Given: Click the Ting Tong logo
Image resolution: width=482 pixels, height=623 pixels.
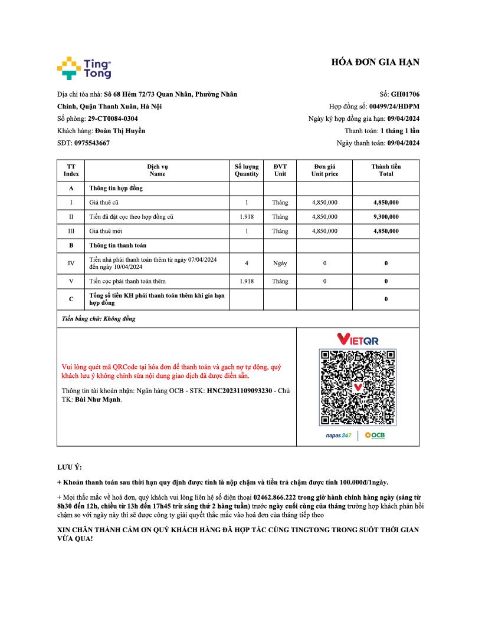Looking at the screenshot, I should tap(84, 68).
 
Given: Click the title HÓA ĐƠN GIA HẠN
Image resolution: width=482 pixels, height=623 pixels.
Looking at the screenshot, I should tap(375, 63).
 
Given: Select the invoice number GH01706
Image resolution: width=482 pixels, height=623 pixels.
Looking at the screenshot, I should tap(405, 94).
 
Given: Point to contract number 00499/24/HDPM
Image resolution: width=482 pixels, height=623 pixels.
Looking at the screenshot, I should tap(394, 107).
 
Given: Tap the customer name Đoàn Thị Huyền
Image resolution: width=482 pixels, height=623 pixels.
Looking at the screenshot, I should tap(120, 131).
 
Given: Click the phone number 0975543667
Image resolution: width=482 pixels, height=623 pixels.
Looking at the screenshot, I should tap(92, 143).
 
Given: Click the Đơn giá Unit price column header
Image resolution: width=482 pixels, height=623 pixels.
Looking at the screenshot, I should tap(324, 170).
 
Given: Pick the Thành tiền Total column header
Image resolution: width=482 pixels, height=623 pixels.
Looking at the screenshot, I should tap(386, 170).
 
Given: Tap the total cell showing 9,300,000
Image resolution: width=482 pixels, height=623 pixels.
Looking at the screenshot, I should tap(386, 217).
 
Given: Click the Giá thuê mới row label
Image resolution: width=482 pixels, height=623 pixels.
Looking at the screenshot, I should tap(106, 231).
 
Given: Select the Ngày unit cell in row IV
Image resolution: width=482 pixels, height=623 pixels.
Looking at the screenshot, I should tap(280, 263).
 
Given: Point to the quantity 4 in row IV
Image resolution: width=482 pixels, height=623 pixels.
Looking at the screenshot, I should tap(247, 263).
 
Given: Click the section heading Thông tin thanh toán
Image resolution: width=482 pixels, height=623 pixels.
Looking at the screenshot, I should tap(118, 245).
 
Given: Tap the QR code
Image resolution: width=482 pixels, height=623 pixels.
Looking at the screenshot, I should tap(357, 387).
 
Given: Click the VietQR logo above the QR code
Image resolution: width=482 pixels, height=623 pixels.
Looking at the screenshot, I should tap(358, 339).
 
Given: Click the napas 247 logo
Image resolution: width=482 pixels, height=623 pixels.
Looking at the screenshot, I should tap(339, 436).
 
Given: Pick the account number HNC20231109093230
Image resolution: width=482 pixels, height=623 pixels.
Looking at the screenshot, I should tap(239, 391).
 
